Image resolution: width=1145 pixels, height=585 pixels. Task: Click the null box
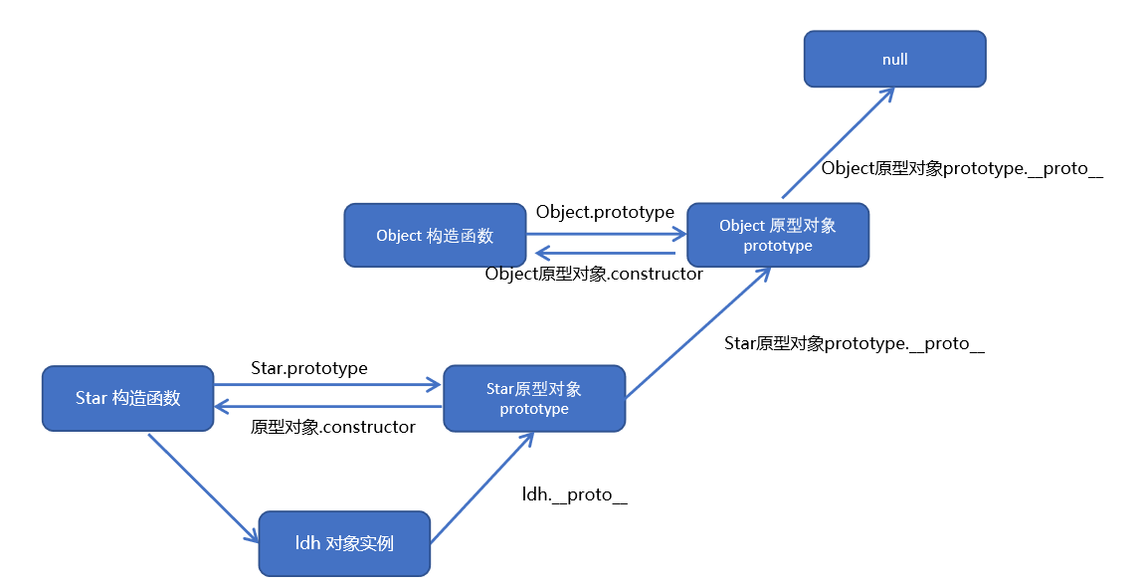(894, 59)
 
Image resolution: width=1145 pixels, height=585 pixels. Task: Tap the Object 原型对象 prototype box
(778, 236)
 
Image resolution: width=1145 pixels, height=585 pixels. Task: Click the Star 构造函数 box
(127, 398)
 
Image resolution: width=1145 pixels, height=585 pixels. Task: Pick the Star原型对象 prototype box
(534, 398)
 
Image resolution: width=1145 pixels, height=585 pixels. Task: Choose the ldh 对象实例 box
(344, 543)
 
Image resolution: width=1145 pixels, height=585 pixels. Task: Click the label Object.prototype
(605, 212)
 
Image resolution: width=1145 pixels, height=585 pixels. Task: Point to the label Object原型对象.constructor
(594, 274)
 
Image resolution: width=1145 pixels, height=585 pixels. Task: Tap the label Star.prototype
(309, 368)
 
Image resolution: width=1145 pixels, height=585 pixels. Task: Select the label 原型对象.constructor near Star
(333, 427)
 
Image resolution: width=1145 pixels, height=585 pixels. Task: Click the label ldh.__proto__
(575, 494)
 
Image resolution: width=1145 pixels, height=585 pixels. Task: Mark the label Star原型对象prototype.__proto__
(855, 344)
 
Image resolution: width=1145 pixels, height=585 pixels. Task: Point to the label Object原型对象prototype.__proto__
(962, 169)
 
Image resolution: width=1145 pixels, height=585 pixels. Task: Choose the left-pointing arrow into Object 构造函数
(607, 253)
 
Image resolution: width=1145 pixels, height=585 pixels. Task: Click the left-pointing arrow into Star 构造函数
(328, 406)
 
